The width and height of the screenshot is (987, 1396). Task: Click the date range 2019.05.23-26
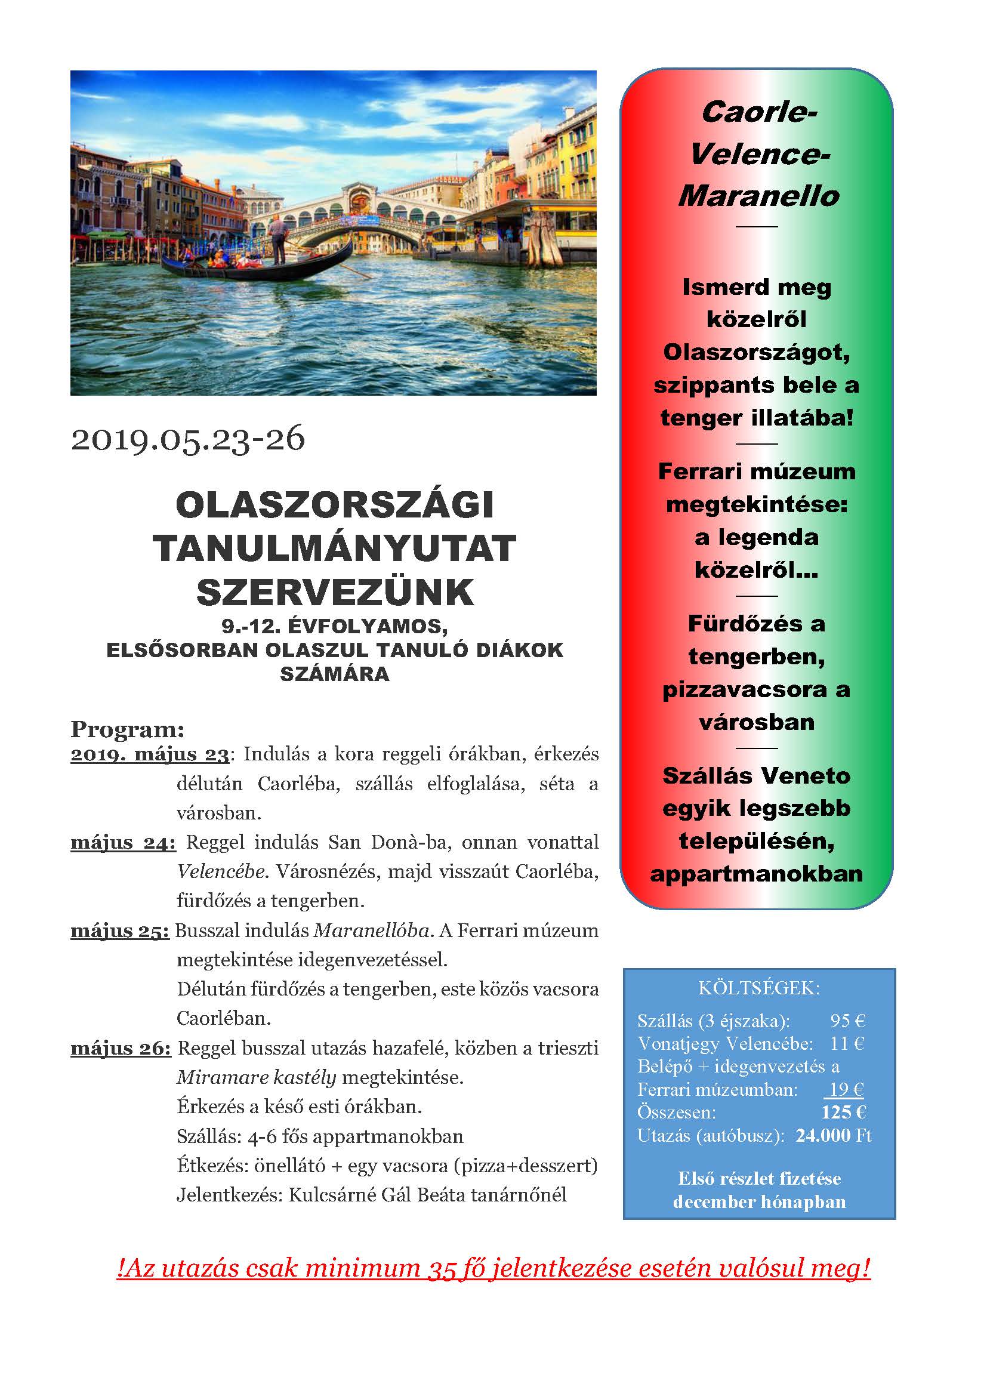[188, 439]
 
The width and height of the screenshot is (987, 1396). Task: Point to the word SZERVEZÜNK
[335, 591]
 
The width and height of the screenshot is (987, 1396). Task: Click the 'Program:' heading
[127, 728]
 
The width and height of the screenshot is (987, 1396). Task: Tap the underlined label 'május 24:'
[124, 842]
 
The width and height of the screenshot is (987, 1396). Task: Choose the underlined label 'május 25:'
[120, 930]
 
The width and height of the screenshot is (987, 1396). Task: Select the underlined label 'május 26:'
[121, 1048]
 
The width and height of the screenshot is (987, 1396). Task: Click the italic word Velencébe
[222, 871]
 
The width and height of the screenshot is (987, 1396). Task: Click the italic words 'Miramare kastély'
[256, 1077]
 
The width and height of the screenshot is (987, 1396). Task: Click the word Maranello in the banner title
[758, 196]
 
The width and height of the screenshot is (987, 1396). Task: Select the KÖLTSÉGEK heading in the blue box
[759, 988]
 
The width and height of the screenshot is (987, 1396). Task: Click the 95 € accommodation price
[847, 1020]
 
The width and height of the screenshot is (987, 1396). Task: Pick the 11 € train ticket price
[847, 1043]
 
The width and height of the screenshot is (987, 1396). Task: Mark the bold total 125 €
[843, 1112]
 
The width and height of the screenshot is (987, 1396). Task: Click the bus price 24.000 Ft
[833, 1135]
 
